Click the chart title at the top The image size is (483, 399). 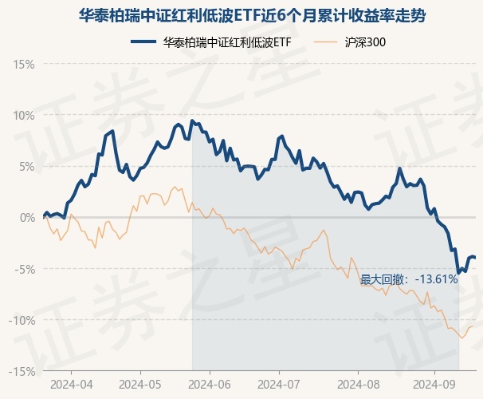(x=241, y=15)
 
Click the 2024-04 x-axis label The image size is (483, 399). (x=70, y=385)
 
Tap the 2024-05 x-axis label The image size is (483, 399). (x=140, y=385)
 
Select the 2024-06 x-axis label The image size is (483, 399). (x=209, y=385)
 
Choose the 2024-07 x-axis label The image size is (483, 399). (x=279, y=385)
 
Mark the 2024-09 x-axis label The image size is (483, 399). (x=434, y=385)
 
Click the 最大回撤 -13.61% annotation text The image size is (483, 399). (x=409, y=279)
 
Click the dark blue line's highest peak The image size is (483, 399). (x=192, y=120)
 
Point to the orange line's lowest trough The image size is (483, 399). (x=461, y=338)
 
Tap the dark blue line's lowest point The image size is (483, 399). (x=458, y=273)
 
